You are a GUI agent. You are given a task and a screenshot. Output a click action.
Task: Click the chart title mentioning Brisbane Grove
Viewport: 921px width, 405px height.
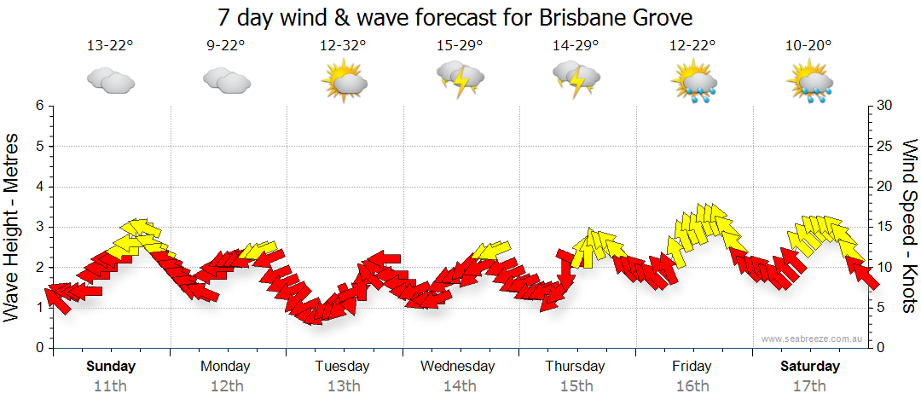point(455,17)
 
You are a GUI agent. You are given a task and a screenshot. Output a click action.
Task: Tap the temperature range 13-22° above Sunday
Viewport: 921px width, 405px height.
point(110,46)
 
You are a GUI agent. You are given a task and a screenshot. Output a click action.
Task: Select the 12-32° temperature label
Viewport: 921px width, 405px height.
point(343,46)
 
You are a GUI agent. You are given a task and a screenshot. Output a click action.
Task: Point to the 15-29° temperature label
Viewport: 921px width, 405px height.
point(459,46)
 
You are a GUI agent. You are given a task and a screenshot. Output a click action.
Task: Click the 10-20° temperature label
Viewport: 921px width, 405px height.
point(808,46)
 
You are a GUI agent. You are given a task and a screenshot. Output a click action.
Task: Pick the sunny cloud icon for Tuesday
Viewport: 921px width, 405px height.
point(344,82)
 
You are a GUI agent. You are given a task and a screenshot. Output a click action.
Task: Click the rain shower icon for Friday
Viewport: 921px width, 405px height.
point(692,82)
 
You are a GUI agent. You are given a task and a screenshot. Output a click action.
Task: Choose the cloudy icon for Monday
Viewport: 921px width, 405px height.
point(226,80)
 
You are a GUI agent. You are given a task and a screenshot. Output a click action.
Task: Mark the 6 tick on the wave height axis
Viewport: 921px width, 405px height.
point(38,106)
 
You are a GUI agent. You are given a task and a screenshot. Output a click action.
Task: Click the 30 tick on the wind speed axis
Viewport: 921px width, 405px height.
point(885,106)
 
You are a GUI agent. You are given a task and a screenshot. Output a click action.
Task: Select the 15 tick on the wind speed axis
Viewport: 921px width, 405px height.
point(885,227)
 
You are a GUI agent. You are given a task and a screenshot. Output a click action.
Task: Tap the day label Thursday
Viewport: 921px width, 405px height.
point(575,367)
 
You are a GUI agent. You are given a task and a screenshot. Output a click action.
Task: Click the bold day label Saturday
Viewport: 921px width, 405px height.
point(810,367)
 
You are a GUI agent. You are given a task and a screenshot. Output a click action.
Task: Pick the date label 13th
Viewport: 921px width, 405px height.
point(342,385)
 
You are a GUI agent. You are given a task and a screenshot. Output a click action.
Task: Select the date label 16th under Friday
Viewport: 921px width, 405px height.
point(692,385)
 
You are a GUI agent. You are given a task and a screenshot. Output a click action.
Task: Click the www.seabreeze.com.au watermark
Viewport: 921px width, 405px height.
point(813,338)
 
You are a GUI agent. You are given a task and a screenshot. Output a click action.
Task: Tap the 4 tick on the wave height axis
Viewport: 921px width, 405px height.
point(38,187)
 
